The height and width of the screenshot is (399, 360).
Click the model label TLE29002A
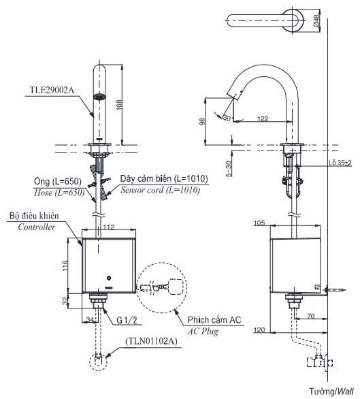coord(52,89)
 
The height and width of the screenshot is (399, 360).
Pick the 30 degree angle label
coord(227,118)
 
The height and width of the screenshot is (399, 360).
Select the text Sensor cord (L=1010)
coord(160,191)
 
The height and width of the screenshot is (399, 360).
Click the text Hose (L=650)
coord(59,193)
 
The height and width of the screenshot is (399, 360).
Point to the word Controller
coord(37,227)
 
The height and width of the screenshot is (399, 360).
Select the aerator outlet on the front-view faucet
coord(101,98)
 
